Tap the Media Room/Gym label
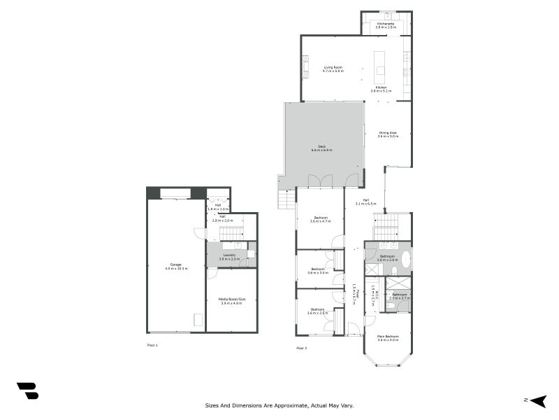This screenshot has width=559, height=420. click(231, 300)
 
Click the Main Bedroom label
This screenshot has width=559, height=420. click(388, 337)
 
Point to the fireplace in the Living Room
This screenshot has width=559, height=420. click(305, 66)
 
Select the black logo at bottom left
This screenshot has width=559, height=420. click(27, 391)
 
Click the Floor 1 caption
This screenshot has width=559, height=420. click(152, 345)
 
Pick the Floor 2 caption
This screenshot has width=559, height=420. click(301, 348)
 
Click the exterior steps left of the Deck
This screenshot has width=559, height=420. click(286, 200)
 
